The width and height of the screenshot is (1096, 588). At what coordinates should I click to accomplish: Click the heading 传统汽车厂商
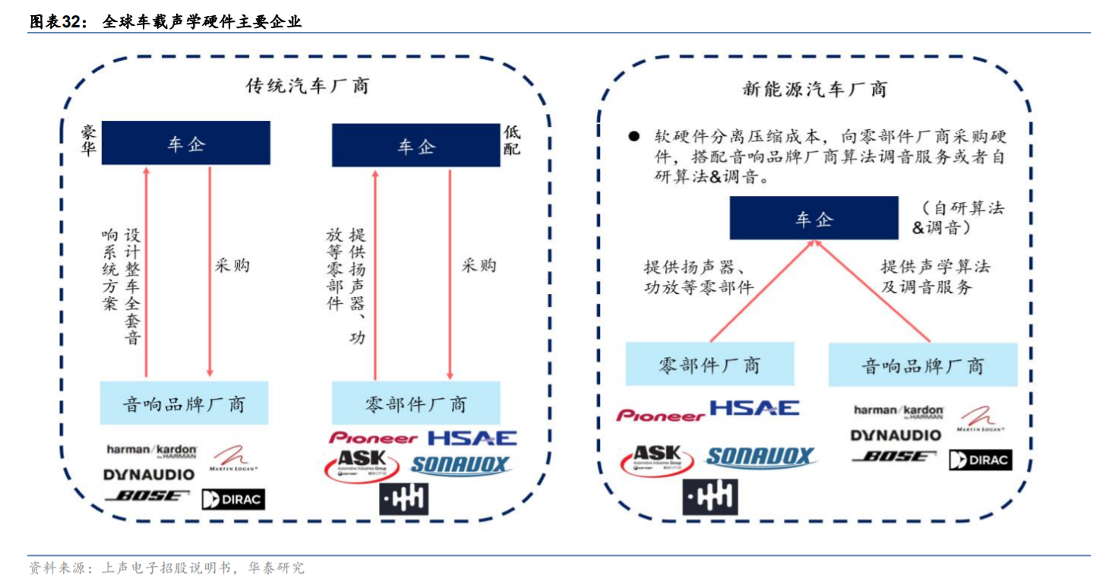pyautogui.click(x=308, y=85)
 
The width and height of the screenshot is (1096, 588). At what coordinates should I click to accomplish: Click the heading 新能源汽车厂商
pyautogui.click(x=814, y=89)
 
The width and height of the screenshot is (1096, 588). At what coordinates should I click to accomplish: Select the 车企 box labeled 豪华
pyautogui.click(x=186, y=143)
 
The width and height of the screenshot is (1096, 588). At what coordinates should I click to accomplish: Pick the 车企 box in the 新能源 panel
pyautogui.click(x=813, y=220)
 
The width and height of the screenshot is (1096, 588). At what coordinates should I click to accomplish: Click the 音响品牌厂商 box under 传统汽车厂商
pyautogui.click(x=184, y=403)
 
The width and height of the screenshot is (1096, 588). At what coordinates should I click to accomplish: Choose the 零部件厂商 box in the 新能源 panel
pyautogui.click(x=709, y=364)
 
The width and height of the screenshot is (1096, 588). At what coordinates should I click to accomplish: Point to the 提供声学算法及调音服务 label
pyautogui.click(x=935, y=277)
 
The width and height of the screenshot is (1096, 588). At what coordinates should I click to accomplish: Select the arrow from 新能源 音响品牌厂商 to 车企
pyautogui.click(x=873, y=292)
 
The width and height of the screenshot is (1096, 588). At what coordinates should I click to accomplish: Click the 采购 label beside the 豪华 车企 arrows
pyautogui.click(x=232, y=266)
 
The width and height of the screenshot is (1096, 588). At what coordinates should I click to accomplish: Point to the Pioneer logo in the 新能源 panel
pyautogui.click(x=660, y=415)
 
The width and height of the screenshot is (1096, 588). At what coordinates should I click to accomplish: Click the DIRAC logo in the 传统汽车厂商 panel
pyautogui.click(x=233, y=499)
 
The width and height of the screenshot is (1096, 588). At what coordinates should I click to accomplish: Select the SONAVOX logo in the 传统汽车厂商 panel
pyautogui.click(x=460, y=464)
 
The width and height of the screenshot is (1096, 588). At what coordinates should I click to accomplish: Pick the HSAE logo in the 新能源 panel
pyautogui.click(x=754, y=409)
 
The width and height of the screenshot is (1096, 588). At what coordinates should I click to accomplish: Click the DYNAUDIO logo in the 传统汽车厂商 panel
pyautogui.click(x=149, y=475)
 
